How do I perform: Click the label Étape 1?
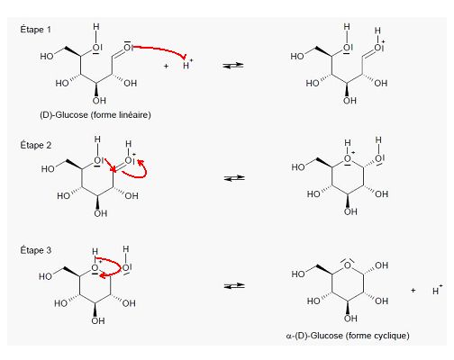point(35,30)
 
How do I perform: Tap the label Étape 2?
point(35,145)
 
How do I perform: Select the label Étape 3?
point(35,250)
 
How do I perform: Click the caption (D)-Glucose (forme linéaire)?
point(95,115)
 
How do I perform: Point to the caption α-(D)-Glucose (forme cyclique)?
point(348,336)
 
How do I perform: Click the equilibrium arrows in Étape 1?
point(233,65)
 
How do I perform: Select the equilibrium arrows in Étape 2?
point(234,178)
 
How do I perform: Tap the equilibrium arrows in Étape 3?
point(234,286)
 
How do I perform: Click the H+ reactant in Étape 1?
point(187,65)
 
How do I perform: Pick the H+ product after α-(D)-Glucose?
point(437,290)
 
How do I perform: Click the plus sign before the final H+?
point(413,290)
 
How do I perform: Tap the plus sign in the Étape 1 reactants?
point(166,66)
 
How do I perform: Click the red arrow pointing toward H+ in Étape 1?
point(160,49)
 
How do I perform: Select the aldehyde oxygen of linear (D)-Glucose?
point(128,47)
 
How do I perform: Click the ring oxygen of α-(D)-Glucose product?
point(348,265)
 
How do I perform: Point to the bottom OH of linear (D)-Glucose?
point(99,100)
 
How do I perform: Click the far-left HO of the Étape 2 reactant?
point(48,169)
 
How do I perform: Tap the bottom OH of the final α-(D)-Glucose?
point(350,318)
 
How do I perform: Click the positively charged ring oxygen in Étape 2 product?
point(348,159)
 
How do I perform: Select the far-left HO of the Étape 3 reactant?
point(46,276)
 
